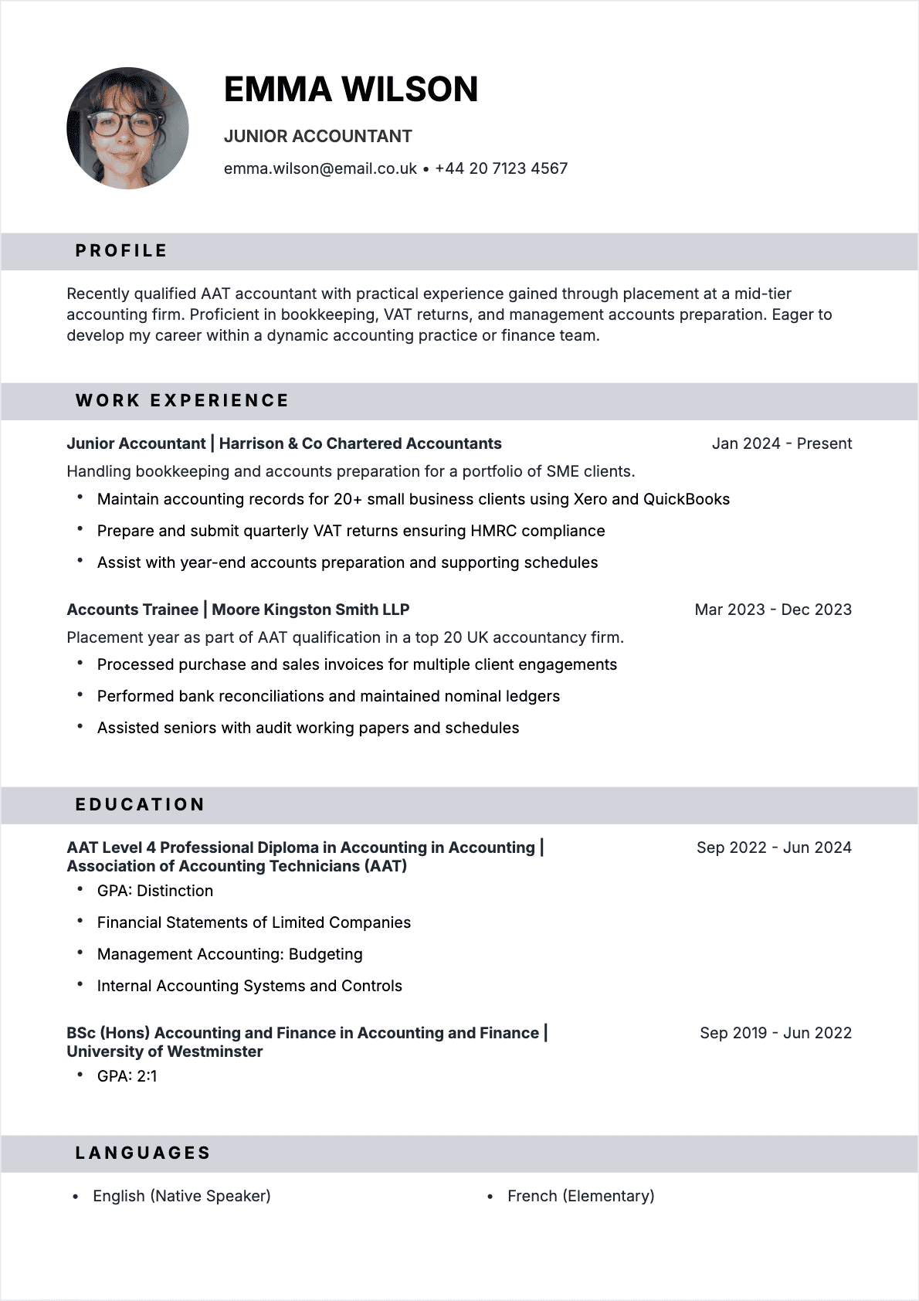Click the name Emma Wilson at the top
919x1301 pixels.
[351, 90]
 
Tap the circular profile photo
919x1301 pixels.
[127, 128]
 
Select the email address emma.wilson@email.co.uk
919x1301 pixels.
[320, 168]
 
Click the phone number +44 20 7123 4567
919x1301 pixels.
[501, 168]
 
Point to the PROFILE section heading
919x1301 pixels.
[121, 251]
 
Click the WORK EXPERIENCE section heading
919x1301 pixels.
[182, 401]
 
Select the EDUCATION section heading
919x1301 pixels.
[140, 805]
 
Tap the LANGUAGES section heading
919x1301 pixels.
[143, 1153]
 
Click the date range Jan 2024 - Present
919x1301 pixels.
[782, 443]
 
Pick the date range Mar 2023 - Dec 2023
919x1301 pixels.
[773, 610]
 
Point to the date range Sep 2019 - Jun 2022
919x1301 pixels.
[775, 1033]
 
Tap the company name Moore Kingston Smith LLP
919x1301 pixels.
[310, 610]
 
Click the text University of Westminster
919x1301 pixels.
[164, 1051]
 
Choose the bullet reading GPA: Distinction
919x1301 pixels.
[154, 891]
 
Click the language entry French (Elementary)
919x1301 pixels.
[581, 1196]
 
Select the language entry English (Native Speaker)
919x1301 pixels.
[181, 1196]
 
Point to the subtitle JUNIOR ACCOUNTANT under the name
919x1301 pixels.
[317, 137]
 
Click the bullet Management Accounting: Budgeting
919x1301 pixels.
[229, 954]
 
